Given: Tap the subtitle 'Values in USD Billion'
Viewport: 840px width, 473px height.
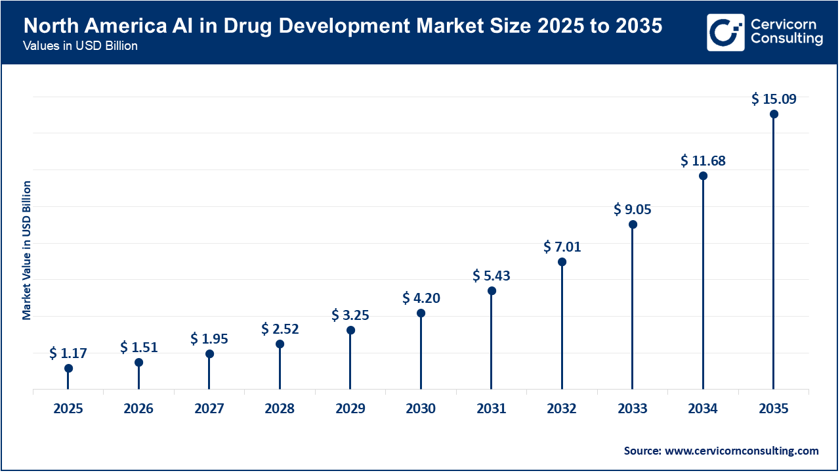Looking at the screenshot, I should [x=80, y=47].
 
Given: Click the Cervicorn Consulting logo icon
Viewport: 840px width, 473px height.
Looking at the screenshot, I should [x=725, y=32].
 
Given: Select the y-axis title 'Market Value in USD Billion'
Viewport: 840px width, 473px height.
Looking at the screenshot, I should [x=27, y=250].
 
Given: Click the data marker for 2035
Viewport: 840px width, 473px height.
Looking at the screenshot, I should [x=774, y=114].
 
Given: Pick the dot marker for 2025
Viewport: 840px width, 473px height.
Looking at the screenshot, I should [x=68, y=369].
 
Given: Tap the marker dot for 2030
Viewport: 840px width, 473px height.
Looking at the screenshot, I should [x=421, y=313].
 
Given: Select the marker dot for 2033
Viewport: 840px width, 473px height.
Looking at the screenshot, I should [x=633, y=225].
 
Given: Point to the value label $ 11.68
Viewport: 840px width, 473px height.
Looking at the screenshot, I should [x=703, y=160].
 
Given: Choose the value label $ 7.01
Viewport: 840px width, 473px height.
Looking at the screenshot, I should [x=562, y=247].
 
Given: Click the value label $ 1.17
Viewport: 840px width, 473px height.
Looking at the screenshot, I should [x=68, y=353].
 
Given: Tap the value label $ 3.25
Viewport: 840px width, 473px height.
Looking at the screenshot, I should [x=350, y=315].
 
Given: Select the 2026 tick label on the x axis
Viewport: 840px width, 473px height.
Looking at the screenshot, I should [x=138, y=409].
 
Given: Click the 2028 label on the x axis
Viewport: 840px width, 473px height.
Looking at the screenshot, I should [x=280, y=409].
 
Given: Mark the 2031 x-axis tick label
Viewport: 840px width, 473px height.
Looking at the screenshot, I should [x=492, y=409].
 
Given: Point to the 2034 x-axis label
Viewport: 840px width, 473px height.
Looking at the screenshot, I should [x=703, y=409].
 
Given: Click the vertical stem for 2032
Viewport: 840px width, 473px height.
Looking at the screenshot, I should [x=562, y=328].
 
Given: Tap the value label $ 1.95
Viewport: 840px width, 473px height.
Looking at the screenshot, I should [x=209, y=338].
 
